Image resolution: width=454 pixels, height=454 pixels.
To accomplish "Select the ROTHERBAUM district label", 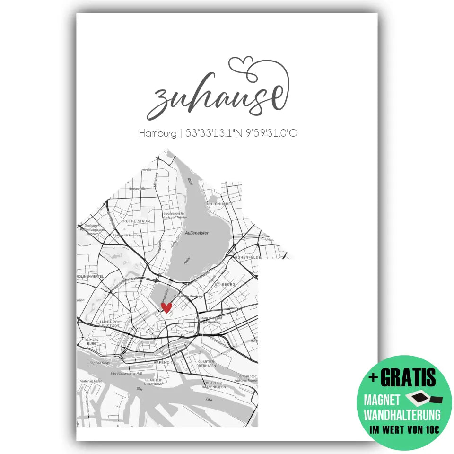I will pyautogui.click(x=123, y=221).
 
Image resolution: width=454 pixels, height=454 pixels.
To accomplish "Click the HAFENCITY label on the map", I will pyautogui.click(x=164, y=362).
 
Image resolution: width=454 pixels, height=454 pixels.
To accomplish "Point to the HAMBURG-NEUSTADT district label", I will pyautogui.click(x=107, y=324).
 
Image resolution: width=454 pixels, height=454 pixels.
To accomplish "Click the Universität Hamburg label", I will pyautogui.click(x=128, y=235).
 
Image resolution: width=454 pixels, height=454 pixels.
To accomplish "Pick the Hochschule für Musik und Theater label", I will pyautogui.click(x=176, y=216).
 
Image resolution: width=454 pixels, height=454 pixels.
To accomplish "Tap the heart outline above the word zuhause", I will pyautogui.click(x=240, y=64).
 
